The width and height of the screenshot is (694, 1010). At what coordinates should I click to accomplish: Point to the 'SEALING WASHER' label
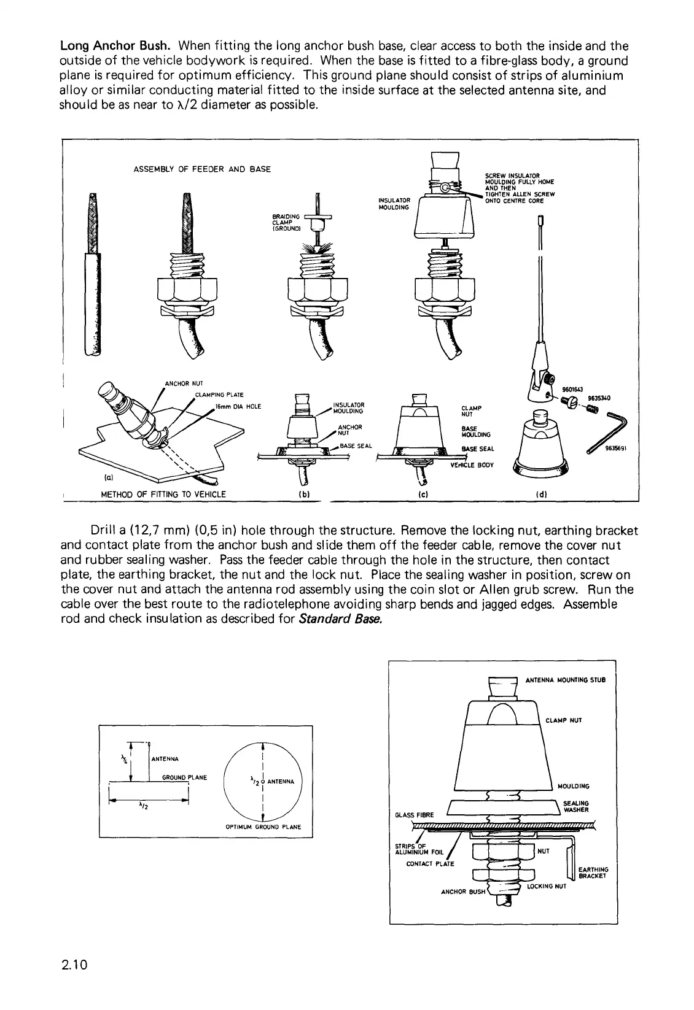pyautogui.click(x=575, y=806)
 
